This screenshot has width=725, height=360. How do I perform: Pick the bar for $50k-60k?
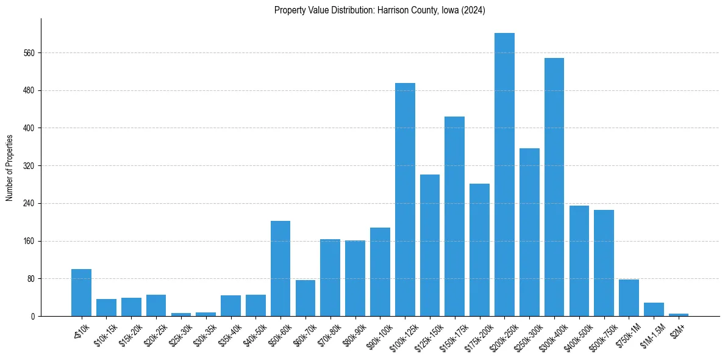pyautogui.click(x=280, y=268)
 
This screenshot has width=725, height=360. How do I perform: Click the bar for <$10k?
pyautogui.click(x=81, y=293)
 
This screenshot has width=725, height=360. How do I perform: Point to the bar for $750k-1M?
pyautogui.click(x=629, y=298)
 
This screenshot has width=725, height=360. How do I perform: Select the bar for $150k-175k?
pyautogui.click(x=455, y=217)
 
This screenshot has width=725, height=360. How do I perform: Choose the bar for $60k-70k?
pyautogui.click(x=305, y=298)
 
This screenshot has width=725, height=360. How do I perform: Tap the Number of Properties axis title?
pyautogui.click(x=9, y=167)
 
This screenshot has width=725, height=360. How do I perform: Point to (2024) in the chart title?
pyautogui.click(x=474, y=10)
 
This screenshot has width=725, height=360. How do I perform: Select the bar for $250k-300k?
pyautogui.click(x=529, y=232)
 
